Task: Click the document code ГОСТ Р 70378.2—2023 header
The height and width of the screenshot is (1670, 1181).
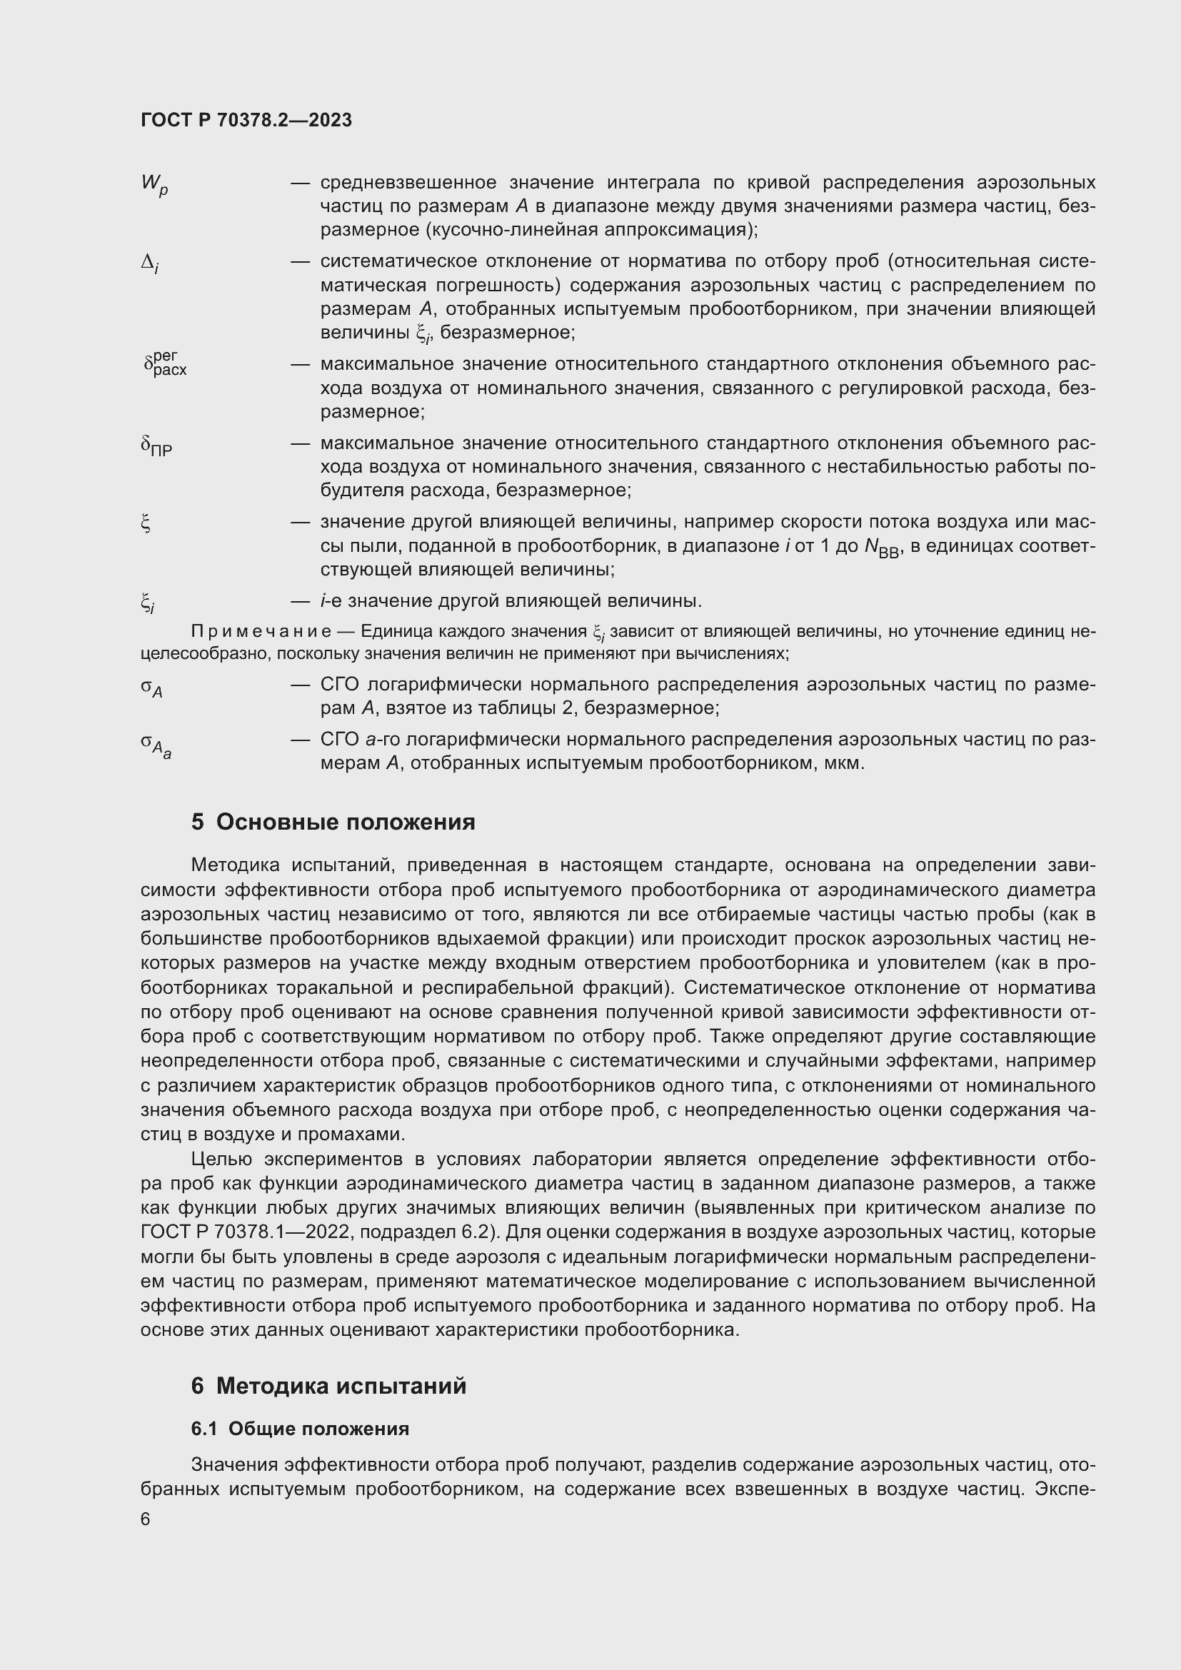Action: (246, 120)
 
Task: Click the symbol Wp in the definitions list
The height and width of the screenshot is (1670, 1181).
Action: (154, 185)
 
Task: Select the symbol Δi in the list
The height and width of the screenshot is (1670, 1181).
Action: (149, 263)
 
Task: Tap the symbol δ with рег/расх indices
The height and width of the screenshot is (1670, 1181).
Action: (165, 363)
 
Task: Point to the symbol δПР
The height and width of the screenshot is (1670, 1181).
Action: (156, 446)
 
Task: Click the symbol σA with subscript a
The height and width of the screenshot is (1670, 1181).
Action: (156, 745)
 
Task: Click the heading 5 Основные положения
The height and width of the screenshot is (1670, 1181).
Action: (333, 823)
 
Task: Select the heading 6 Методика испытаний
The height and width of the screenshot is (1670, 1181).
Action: (328, 1386)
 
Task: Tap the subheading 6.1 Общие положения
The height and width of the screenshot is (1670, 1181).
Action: (300, 1429)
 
